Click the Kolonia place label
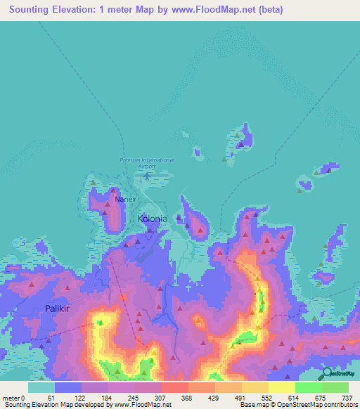[152, 219]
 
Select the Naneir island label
[124, 200]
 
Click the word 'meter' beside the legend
[11, 397]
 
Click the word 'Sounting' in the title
[28, 9]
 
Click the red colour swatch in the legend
[176, 387]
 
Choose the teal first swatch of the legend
[41, 387]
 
